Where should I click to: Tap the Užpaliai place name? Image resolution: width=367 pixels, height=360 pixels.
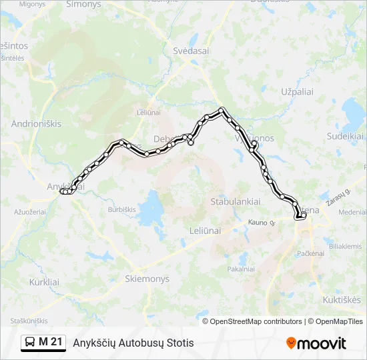(x=297, y=91)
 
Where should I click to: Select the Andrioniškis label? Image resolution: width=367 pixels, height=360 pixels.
(x=36, y=124)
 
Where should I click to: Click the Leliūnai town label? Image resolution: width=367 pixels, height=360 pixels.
(x=204, y=231)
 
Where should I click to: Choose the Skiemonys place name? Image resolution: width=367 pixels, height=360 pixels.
(x=147, y=279)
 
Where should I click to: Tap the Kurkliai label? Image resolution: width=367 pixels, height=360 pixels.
(x=44, y=282)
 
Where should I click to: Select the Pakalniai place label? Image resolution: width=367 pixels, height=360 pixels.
(x=241, y=269)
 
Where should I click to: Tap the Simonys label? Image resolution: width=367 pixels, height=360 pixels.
(x=83, y=4)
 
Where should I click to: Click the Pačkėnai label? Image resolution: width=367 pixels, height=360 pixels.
(x=310, y=254)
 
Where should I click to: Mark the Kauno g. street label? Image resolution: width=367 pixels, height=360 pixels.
(x=261, y=222)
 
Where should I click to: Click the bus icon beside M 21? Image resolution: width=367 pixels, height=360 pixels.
(x=31, y=343)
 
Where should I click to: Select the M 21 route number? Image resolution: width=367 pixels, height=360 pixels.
(x=51, y=343)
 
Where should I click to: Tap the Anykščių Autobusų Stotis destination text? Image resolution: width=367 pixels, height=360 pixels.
(x=133, y=343)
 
